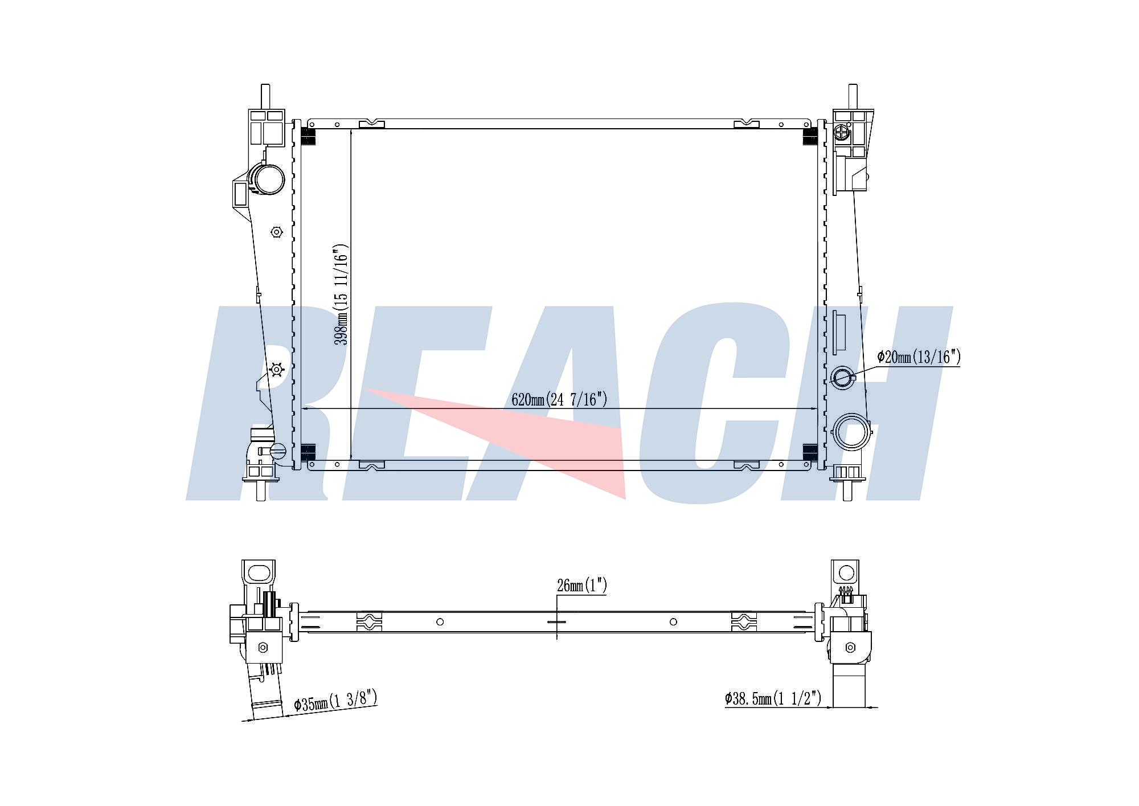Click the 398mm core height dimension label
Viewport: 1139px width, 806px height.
pyautogui.click(x=341, y=295)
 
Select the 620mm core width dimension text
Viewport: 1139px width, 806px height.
pyautogui.click(x=559, y=399)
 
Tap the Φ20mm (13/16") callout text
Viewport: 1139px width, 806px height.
pyautogui.click(x=919, y=357)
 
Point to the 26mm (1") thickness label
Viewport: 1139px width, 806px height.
pyautogui.click(x=582, y=585)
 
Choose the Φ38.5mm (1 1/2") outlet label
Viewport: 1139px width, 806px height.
pyautogui.click(x=773, y=698)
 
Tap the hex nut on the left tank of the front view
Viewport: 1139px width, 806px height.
pyautogui.click(x=277, y=232)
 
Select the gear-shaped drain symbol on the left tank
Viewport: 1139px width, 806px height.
pyautogui.click(x=277, y=370)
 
